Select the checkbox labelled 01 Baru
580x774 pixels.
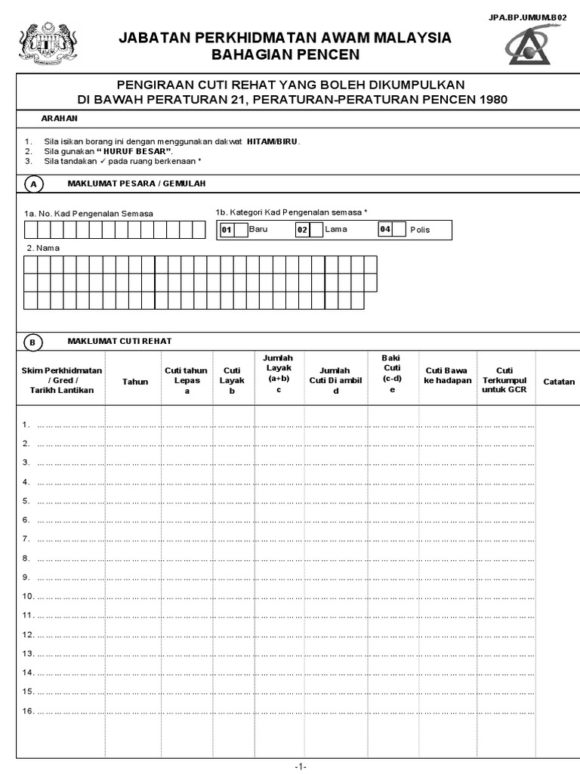240,230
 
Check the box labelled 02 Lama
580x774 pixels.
316,230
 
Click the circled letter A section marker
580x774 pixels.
33,184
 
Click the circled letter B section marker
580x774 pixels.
33,342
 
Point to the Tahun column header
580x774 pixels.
135,382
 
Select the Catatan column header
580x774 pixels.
559,382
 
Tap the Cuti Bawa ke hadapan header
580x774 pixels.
448,375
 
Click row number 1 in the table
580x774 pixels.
26,425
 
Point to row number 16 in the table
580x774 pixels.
27,711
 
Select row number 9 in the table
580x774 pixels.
26,577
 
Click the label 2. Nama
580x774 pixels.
42,248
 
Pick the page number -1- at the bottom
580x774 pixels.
300,766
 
